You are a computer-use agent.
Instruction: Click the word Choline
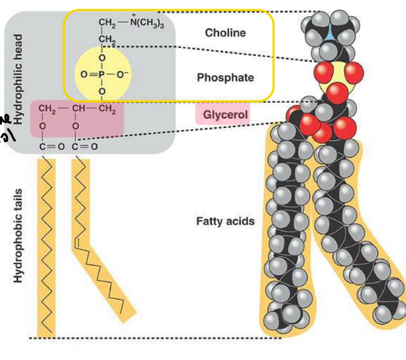(x=225, y=33)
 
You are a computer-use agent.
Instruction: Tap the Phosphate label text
(x=225, y=77)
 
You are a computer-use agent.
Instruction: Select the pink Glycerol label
(x=225, y=115)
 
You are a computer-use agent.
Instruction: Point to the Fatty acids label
(x=225, y=221)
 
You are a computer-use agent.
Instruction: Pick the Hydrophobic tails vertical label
(x=18, y=235)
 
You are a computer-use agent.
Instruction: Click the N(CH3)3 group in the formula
(x=147, y=23)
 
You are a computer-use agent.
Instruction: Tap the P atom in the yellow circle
(x=102, y=74)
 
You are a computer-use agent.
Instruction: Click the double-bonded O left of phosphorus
(x=84, y=74)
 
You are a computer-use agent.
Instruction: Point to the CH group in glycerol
(x=79, y=109)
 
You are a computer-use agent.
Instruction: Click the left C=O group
(x=51, y=146)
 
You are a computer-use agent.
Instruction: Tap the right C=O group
(x=85, y=146)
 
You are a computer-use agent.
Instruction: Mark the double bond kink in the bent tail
(x=77, y=243)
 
